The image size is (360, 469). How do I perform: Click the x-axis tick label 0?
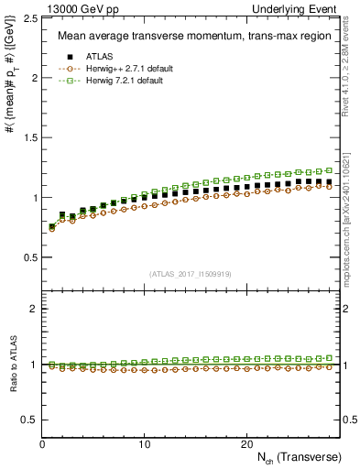click(43, 443)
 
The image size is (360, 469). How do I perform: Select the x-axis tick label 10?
click(144, 443)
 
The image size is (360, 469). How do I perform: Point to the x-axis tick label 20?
click(245, 443)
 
